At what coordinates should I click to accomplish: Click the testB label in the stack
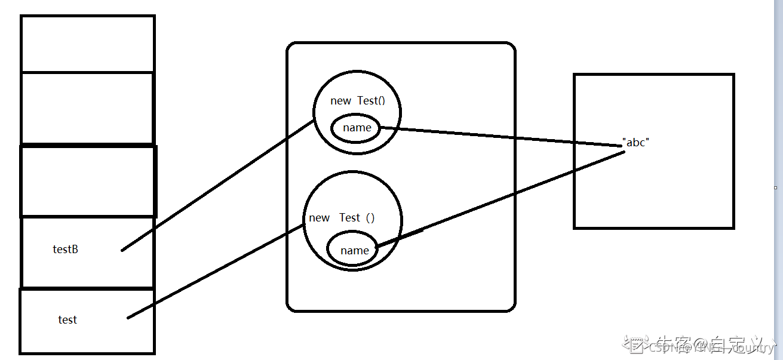click(66, 250)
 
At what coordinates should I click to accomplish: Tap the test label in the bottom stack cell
click(67, 320)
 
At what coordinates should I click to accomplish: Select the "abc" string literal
click(635, 143)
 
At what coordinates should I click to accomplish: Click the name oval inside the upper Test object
click(357, 128)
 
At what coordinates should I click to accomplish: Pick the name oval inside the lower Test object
click(354, 251)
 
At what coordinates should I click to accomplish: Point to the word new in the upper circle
click(340, 101)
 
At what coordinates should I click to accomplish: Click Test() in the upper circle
click(371, 101)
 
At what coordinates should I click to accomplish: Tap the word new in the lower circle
click(320, 218)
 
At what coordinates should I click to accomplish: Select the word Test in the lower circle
click(350, 218)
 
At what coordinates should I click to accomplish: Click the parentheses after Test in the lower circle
click(370, 218)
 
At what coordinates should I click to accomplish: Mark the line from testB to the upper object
click(218, 185)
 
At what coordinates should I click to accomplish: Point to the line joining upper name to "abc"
click(502, 137)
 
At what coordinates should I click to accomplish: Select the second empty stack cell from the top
click(88, 108)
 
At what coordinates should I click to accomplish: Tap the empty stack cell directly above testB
click(88, 181)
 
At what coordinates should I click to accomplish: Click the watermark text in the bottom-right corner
click(699, 346)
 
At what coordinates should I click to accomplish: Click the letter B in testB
click(75, 250)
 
